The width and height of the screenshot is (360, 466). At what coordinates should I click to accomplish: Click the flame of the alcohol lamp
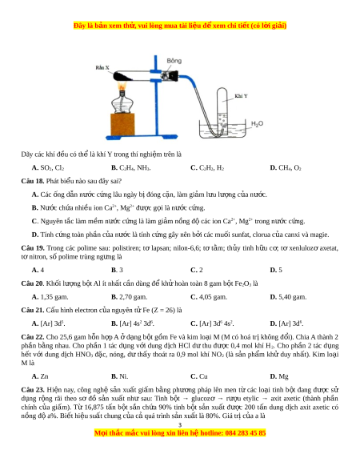[122, 86]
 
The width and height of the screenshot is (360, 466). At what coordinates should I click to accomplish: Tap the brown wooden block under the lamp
[122, 124]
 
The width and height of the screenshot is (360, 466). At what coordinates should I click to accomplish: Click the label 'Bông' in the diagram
[174, 61]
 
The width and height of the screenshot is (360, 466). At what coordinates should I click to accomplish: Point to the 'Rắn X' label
[102, 67]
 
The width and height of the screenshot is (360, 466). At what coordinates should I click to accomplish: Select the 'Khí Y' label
[241, 96]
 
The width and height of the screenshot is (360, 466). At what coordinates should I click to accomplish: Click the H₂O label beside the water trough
[257, 123]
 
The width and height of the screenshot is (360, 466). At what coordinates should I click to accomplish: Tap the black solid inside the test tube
[123, 76]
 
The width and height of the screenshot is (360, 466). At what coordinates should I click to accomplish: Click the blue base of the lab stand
[142, 137]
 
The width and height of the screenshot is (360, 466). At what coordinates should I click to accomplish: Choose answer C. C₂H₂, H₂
[207, 168]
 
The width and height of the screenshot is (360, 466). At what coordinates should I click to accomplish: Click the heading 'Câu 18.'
[33, 181]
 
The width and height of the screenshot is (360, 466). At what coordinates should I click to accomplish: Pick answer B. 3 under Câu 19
[117, 270]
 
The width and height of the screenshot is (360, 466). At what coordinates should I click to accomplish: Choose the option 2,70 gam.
[130, 297]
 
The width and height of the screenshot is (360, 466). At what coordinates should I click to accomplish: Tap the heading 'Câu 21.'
[33, 311]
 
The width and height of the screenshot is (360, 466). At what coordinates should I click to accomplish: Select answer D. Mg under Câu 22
[279, 376]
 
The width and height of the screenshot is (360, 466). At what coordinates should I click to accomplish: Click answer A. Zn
[40, 376]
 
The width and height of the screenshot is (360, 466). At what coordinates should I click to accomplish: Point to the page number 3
[180, 425]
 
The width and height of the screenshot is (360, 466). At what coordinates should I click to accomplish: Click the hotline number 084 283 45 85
[246, 433]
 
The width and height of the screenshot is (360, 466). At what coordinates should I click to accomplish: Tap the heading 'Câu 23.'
[33, 390]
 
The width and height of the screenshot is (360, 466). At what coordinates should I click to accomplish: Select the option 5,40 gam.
[288, 297]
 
